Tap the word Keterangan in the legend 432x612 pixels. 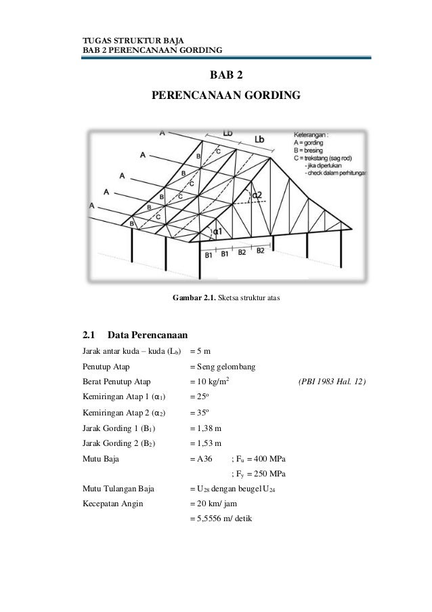[x=311, y=135]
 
